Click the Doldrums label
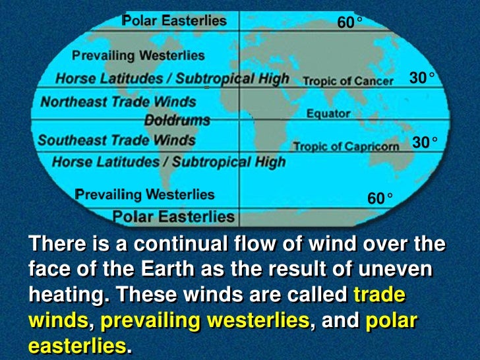[177, 121]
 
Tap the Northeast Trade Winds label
[119, 102]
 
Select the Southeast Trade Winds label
[117, 140]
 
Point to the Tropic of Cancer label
[348, 81]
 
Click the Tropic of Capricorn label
[346, 146]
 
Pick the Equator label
[328, 113]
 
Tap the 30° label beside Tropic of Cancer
[422, 78]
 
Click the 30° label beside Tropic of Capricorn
[425, 142]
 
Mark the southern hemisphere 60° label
[380, 197]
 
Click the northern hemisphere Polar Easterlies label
[174, 20]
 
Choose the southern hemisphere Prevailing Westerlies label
[145, 195]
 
